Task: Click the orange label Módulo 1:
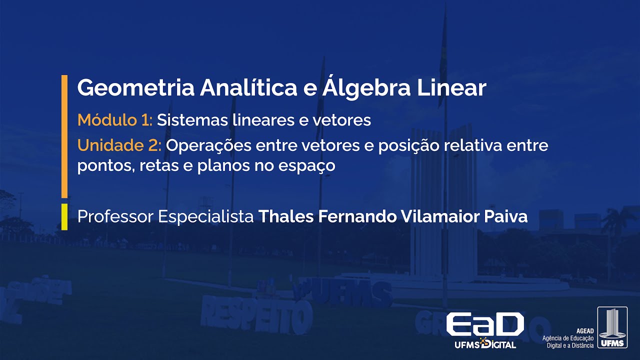tap(115, 120)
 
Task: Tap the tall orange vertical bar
tap(64, 136)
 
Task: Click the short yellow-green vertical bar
tap(64, 216)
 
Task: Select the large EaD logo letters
tap(484, 325)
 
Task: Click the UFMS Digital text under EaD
tap(484, 344)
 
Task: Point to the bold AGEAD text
tap(585, 331)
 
